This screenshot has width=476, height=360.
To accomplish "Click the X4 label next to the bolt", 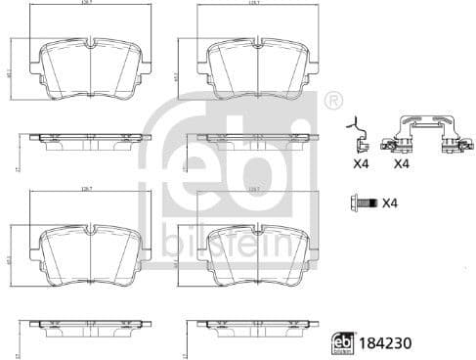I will click(389, 202).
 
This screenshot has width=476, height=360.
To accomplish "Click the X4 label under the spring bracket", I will click(401, 164).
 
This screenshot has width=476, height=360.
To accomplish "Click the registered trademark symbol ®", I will click(333, 99).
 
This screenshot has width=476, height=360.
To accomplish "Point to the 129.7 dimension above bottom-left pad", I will click(89, 189).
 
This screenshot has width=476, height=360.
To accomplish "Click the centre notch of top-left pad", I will click(89, 43).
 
